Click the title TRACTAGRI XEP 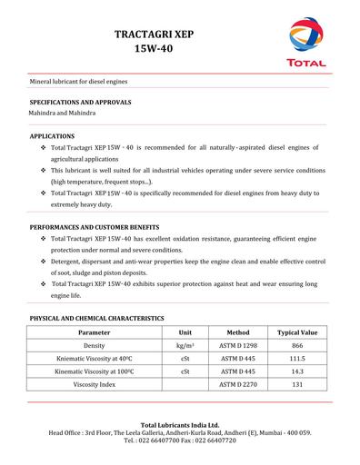click(155, 33)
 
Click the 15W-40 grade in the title click(155, 48)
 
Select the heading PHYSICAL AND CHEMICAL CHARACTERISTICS click(96, 319)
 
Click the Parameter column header click(95, 333)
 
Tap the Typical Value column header click(296, 333)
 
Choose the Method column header click(238, 333)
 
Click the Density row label click(95, 346)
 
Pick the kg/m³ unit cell click(185, 346)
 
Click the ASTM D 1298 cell click(238, 346)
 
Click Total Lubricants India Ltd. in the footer click(179, 424)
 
